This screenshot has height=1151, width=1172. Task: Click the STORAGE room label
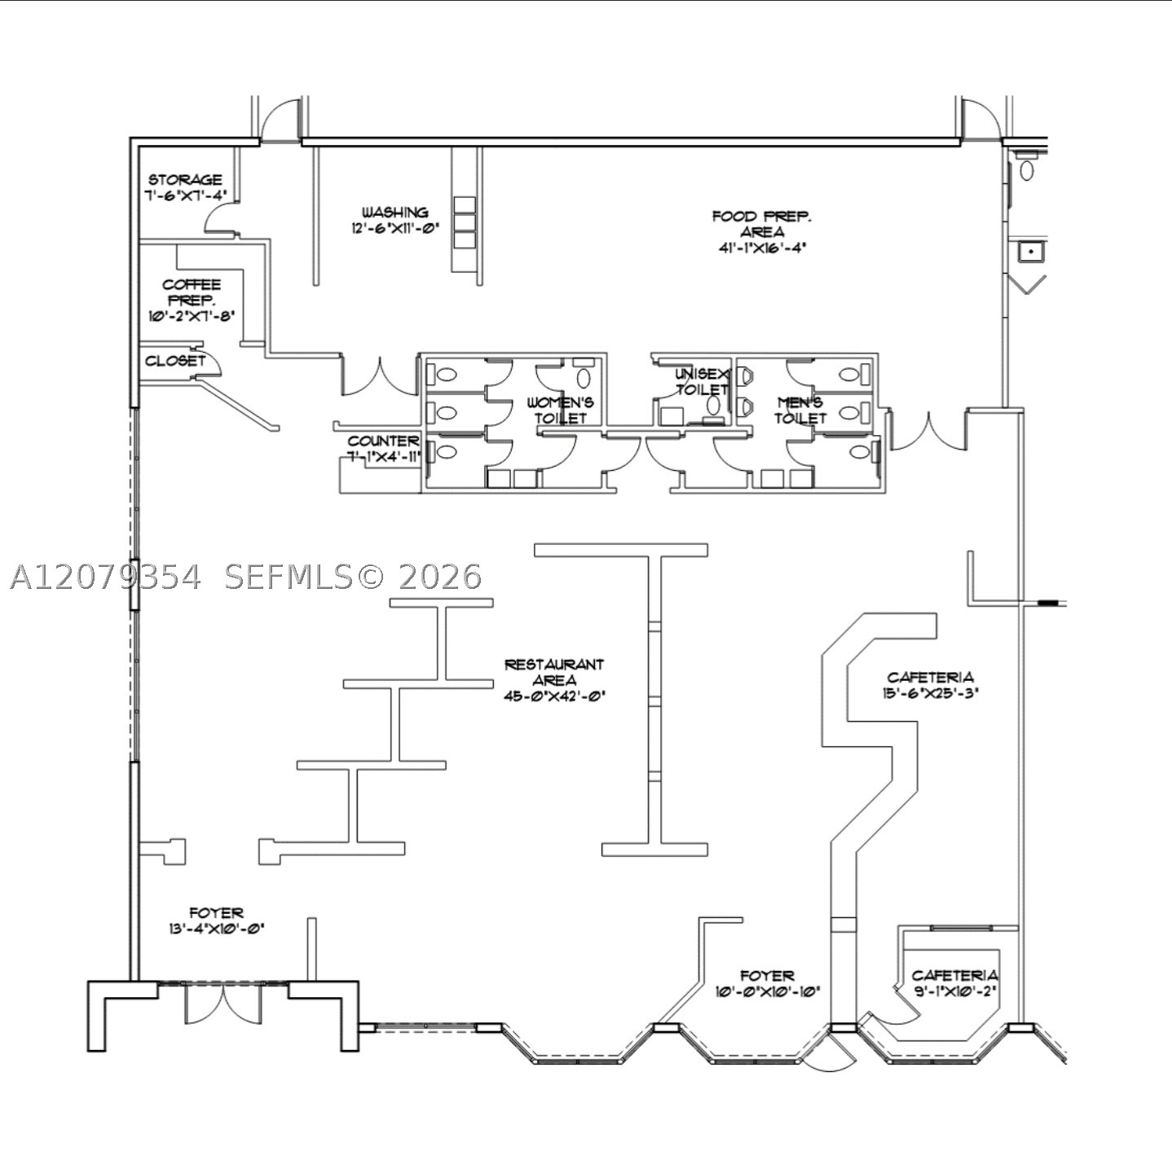(x=186, y=180)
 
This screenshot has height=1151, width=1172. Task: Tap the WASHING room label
(x=395, y=213)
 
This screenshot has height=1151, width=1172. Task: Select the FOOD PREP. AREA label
(x=762, y=224)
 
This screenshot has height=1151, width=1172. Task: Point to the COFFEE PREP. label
(x=192, y=292)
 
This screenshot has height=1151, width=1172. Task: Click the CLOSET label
(x=175, y=361)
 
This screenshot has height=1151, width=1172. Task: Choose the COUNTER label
(x=383, y=441)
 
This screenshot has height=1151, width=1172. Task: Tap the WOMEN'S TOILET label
(x=560, y=411)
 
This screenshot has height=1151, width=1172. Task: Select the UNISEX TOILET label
(x=702, y=381)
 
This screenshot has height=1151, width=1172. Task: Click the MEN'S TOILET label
(x=800, y=411)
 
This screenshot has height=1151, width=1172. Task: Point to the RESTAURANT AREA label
(x=555, y=672)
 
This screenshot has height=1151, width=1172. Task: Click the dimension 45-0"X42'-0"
(x=555, y=696)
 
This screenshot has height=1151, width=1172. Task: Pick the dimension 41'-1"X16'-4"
(x=762, y=248)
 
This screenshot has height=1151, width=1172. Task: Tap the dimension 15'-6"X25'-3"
(x=931, y=692)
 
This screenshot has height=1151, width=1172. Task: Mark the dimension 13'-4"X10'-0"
(x=217, y=929)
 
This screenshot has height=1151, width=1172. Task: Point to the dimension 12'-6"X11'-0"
(x=395, y=228)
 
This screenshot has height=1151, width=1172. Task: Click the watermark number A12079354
(x=106, y=577)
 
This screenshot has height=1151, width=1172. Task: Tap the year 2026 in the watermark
(x=440, y=577)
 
